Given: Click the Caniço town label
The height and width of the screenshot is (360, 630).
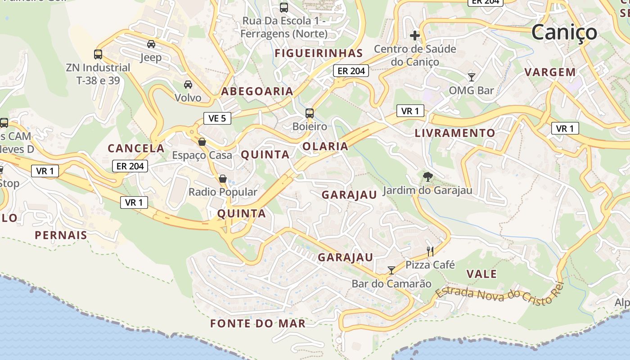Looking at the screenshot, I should pyautogui.click(x=564, y=32).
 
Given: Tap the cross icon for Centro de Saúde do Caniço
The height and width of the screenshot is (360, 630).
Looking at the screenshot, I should pyautogui.click(x=415, y=35).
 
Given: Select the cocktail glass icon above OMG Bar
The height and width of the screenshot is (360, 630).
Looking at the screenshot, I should pyautogui.click(x=471, y=77).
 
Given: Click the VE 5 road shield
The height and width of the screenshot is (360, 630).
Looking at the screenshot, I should pyautogui.click(x=217, y=118).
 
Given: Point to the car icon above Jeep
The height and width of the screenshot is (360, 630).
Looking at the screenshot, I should pyautogui.click(x=151, y=44).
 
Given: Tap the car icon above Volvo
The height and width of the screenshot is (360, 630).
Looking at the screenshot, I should pyautogui.click(x=188, y=84).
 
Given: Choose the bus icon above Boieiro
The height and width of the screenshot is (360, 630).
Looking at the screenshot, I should pyautogui.click(x=310, y=113).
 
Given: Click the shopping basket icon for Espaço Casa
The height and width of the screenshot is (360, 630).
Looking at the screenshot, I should pyautogui.click(x=202, y=142).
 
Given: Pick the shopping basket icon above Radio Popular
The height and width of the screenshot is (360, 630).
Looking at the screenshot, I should pyautogui.click(x=222, y=179).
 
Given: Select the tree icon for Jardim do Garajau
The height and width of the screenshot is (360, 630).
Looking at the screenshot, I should pyautogui.click(x=427, y=177).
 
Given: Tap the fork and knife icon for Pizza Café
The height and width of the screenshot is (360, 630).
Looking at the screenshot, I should pyautogui.click(x=430, y=251).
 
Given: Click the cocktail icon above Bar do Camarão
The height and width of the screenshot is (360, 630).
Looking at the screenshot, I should pyautogui.click(x=391, y=270).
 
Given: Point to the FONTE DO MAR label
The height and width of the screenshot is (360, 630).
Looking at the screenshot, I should pyautogui.click(x=258, y=324).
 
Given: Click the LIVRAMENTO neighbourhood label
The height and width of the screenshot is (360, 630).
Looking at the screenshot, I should pyautogui.click(x=454, y=133).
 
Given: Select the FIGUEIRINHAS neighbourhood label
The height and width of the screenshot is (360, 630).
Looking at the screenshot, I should pyautogui.click(x=319, y=53).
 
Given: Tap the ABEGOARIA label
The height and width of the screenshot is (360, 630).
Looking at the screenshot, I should pyautogui.click(x=257, y=91).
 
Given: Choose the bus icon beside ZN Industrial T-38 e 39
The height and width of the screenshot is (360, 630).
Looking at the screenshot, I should pyautogui.click(x=98, y=54).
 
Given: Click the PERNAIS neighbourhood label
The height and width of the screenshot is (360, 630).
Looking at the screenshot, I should pyautogui.click(x=61, y=235).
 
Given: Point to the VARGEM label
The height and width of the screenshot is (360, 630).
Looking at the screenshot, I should pyautogui.click(x=550, y=72).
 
